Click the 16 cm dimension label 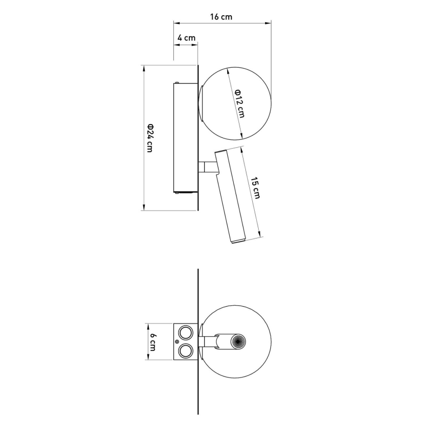(221, 17)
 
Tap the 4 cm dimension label (186, 37)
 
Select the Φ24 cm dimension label (150, 138)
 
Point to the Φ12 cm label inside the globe (240, 103)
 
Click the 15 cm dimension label (255, 188)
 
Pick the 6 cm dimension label (153, 343)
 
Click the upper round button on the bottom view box (186, 333)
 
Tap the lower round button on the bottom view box (186, 350)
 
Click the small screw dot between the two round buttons (177, 342)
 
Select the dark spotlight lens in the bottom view (238, 342)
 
